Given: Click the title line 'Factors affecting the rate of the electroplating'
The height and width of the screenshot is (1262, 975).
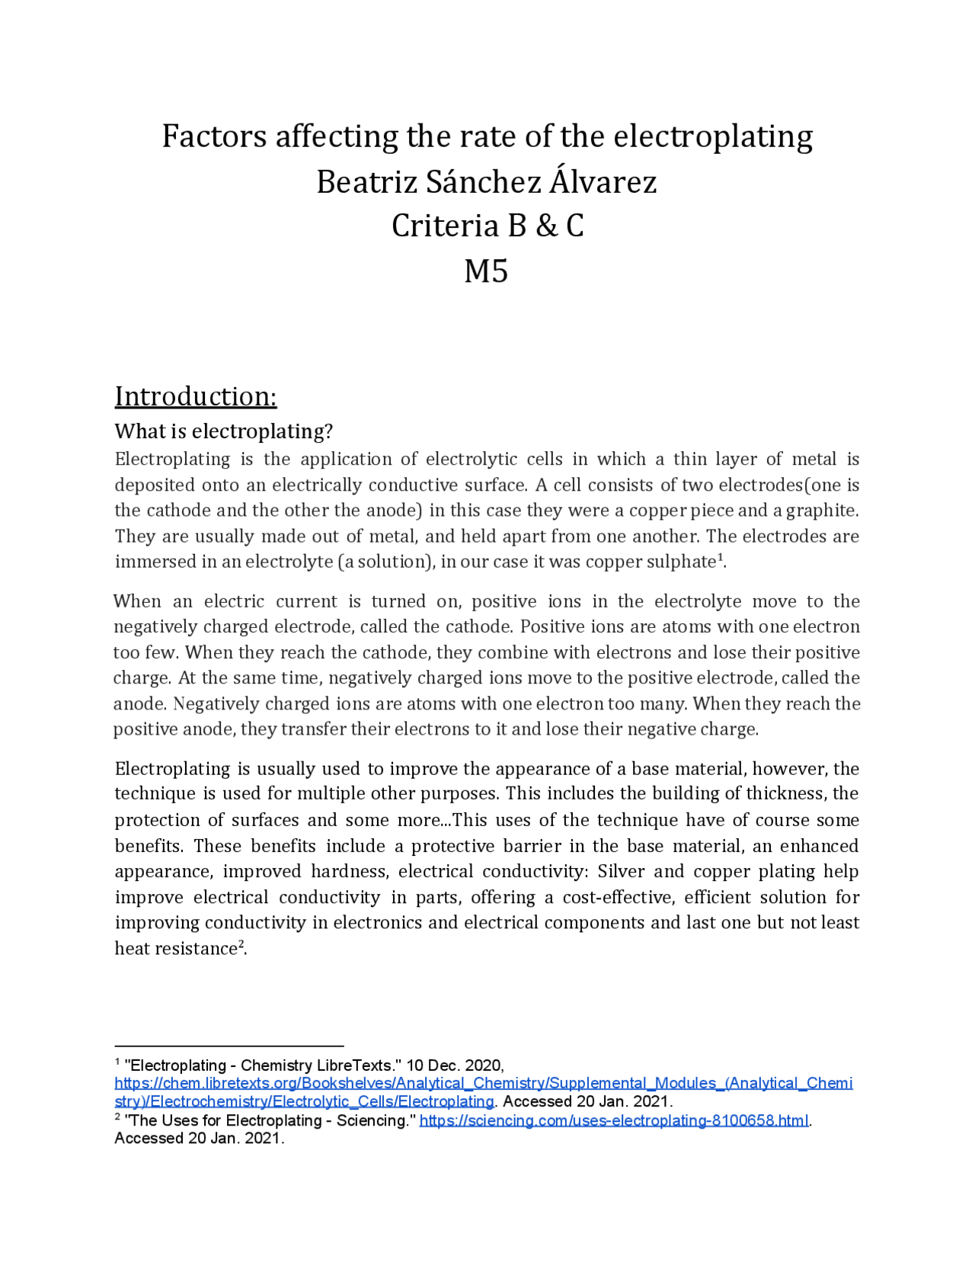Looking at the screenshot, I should point(487,136).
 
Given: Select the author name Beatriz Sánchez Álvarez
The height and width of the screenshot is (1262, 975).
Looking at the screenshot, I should point(487,181).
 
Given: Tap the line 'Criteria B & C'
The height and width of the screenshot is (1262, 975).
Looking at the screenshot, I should point(487,226).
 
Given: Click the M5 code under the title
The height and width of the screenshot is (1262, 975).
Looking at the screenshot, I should point(486,271).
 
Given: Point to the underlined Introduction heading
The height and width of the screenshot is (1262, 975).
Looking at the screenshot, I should point(195,396).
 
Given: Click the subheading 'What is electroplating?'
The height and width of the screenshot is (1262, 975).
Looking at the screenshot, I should point(224,431).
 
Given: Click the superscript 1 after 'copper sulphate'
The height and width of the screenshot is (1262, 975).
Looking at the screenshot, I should point(721,558).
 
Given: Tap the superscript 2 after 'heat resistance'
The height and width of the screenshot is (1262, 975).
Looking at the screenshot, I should point(241,944).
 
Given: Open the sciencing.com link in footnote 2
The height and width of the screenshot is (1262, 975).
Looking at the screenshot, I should point(613,1120).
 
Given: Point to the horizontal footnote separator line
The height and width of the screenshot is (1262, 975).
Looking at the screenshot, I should point(229,1046).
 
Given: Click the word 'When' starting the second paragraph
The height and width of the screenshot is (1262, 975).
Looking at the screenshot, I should point(137,601).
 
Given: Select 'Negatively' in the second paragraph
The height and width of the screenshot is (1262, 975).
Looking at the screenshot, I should point(214,703).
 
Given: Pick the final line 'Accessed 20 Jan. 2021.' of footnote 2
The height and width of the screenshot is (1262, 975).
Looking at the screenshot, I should point(199,1139).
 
